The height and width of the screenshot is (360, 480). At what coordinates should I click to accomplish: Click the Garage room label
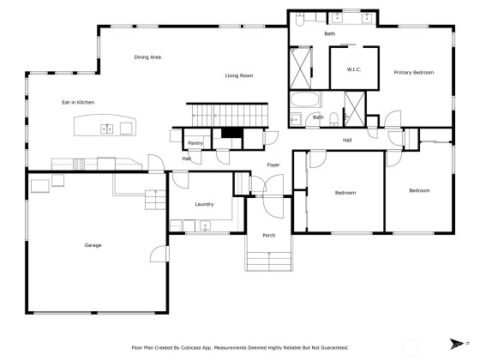tap(93, 245)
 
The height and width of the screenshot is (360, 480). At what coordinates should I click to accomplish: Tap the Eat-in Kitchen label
tap(78, 102)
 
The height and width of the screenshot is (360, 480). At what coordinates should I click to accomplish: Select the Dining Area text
tap(147, 57)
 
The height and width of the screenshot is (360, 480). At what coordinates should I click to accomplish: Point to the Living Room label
tap(239, 75)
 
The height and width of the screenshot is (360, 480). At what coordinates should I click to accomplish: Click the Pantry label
tap(195, 143)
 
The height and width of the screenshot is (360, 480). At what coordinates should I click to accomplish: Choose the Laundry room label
tap(204, 204)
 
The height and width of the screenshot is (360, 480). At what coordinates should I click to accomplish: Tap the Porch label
tap(269, 235)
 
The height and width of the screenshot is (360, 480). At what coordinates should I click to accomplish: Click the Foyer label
tap(273, 165)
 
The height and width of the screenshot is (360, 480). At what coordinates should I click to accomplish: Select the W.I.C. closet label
tap(353, 69)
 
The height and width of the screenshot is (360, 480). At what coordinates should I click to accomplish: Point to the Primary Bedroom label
tap(413, 73)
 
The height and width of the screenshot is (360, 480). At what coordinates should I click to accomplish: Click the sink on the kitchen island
tap(107, 129)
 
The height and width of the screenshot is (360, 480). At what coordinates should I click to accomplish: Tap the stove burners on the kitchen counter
tap(79, 164)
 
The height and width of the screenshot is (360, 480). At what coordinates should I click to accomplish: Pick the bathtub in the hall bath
tap(305, 99)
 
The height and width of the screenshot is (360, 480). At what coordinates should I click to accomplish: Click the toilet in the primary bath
tap(299, 19)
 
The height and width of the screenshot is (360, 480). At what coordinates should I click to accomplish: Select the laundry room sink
tap(205, 226)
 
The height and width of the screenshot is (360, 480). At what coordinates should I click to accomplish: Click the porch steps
tap(269, 261)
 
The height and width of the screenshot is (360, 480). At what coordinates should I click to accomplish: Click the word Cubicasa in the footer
tap(191, 348)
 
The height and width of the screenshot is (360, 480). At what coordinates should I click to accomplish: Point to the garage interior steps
tap(155, 200)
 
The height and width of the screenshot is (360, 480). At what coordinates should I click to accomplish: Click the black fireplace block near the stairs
tap(232, 133)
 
